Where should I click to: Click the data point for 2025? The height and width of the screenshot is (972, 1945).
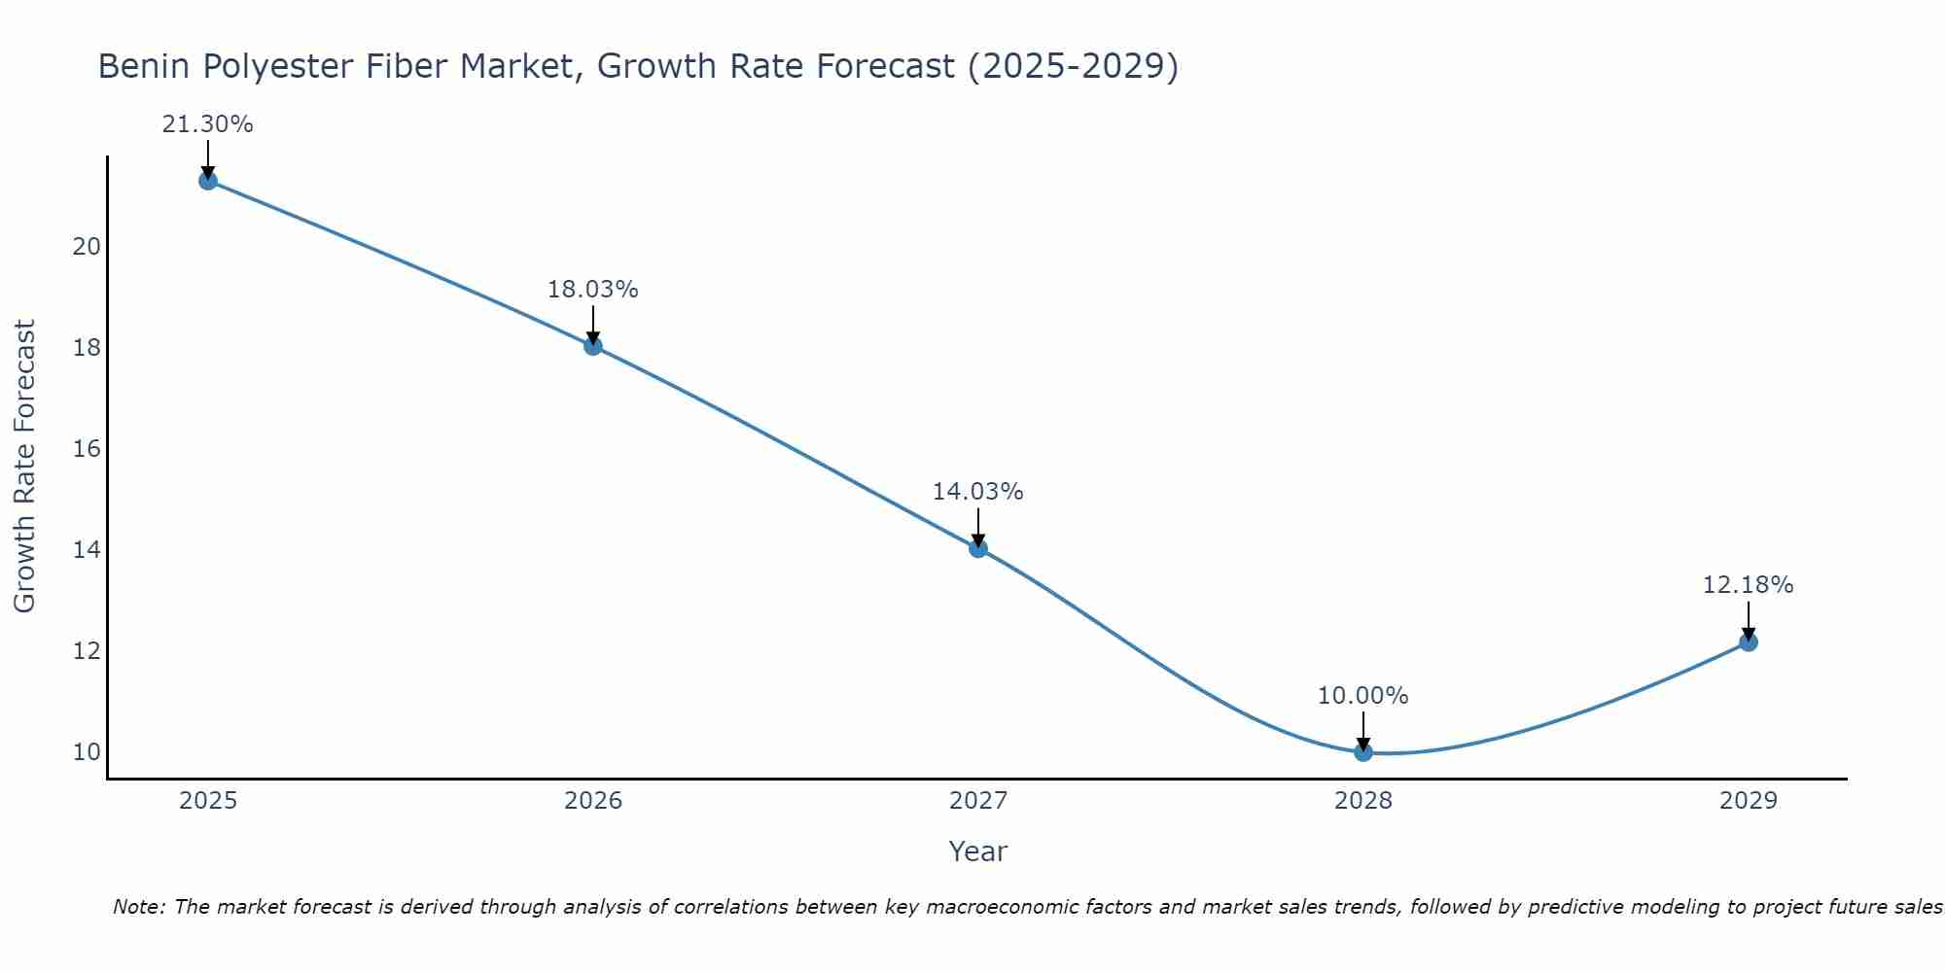point(207,180)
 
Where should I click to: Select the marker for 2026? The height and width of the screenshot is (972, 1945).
point(593,345)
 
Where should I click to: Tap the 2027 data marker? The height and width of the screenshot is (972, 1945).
point(978,548)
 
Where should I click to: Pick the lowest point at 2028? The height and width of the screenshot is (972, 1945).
point(1363,751)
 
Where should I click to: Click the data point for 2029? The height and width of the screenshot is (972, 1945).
point(1748,642)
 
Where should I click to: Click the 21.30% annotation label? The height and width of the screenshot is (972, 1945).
point(207,124)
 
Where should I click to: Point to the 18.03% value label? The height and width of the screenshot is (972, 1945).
point(592,290)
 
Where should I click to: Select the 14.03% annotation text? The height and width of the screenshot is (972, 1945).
point(977,492)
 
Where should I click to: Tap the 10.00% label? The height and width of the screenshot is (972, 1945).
point(1362,696)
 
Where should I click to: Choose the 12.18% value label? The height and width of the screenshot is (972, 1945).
point(1748,585)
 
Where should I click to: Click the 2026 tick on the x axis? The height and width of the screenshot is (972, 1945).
point(593,801)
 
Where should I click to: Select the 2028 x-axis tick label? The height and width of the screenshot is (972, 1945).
point(1363,801)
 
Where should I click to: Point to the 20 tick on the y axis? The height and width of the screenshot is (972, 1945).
point(87,247)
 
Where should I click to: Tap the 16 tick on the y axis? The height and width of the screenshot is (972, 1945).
point(87,449)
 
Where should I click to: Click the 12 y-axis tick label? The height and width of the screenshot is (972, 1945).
point(87,651)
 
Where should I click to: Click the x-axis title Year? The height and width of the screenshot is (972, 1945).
point(977,851)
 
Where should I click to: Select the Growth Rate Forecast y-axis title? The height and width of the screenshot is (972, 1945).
point(24,467)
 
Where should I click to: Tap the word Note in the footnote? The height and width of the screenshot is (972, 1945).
point(138,907)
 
